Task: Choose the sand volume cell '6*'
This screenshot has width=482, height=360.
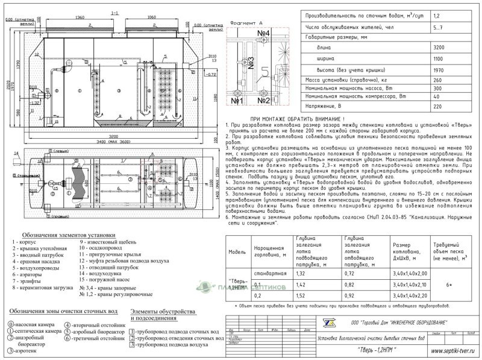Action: coord(456,285)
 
